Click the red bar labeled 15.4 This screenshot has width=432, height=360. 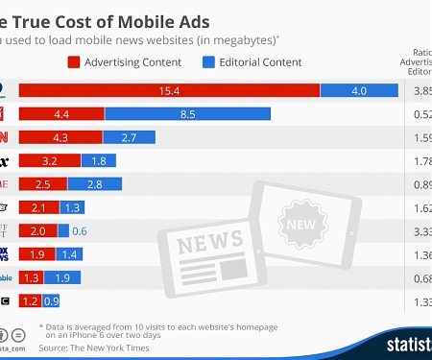click(169, 90)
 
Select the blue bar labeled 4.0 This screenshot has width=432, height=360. click(359, 90)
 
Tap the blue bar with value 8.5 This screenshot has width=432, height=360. click(187, 114)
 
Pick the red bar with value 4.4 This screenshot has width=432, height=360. click(61, 114)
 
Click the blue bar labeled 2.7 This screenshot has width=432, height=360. click(129, 137)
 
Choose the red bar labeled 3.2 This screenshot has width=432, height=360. click(49, 160)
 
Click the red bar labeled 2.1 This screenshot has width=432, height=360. click(39, 207)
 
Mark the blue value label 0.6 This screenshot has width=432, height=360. click(79, 230)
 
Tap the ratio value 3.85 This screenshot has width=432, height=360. click(420, 90)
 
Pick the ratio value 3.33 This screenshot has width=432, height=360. click(420, 230)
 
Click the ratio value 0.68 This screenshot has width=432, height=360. click(420, 277)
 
